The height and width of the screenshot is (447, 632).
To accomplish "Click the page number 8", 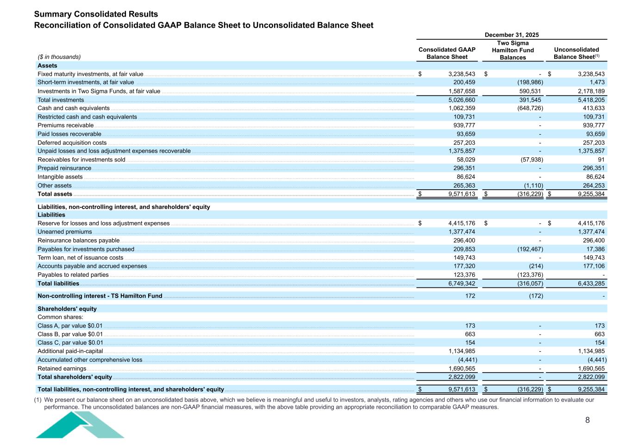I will pos(588,420).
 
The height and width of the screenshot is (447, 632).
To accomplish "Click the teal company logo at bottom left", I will pos(80,425).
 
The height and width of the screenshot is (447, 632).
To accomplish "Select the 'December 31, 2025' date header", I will pos(512,35).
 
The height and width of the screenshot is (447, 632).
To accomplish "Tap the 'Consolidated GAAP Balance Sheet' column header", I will pos(447,53).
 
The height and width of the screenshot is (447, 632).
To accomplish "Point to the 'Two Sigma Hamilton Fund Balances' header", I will pos(513,50).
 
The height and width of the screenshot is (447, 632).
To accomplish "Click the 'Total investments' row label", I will pos(61,100).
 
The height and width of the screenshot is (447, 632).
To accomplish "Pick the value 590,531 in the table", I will pos(528,91).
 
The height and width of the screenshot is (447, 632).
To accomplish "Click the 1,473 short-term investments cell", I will pos(597,82).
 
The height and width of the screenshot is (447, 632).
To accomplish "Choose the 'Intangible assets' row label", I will pos(60,177).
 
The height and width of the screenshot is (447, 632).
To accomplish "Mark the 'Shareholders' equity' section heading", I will pos(67,309).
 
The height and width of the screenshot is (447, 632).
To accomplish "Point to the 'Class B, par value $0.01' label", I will pos(70,334).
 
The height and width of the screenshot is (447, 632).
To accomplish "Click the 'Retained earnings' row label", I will pos(62,369).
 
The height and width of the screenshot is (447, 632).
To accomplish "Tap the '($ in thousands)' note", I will pos(59,57).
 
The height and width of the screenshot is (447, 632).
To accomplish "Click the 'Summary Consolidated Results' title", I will pos(96,14).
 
